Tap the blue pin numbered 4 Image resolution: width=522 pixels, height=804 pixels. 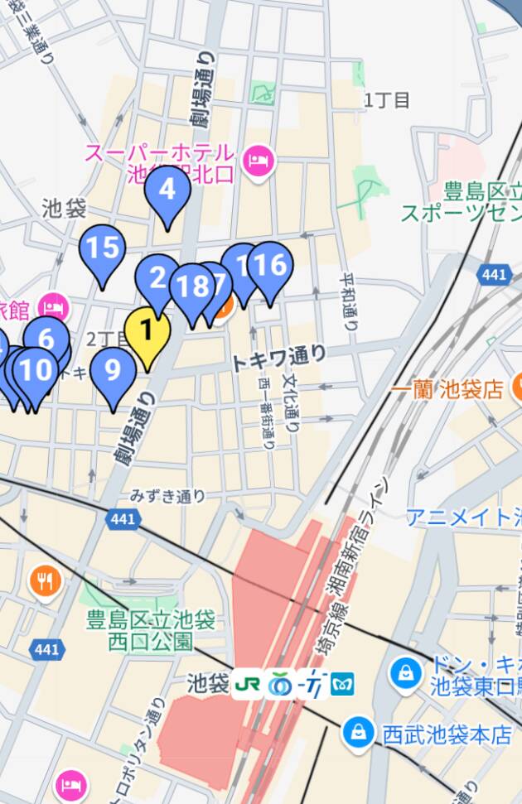[x=167, y=191]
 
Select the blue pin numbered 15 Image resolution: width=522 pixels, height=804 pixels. [x=102, y=248]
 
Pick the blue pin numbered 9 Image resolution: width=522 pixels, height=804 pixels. [x=113, y=370]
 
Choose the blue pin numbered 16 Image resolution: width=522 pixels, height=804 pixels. [x=269, y=266]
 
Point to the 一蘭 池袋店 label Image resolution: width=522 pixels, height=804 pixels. [x=448, y=389]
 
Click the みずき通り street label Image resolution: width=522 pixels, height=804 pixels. [x=167, y=496]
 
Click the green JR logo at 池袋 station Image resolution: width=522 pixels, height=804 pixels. [x=247, y=685]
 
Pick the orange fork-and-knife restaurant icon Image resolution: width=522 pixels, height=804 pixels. [x=46, y=582]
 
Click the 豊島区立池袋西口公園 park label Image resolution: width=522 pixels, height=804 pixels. [x=151, y=630]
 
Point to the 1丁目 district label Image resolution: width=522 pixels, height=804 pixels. [x=387, y=101]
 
